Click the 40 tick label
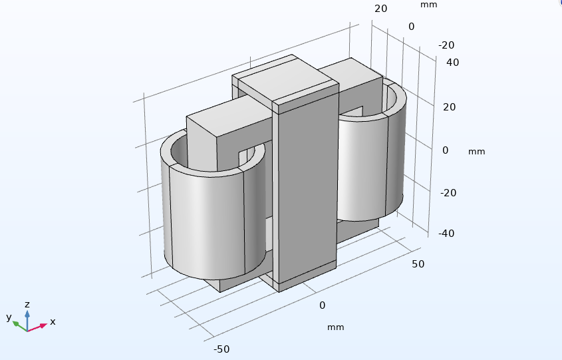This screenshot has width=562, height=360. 453,63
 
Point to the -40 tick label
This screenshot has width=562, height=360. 446,234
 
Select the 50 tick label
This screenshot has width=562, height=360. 418,264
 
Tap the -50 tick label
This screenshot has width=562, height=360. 221,349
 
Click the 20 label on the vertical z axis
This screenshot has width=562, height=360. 450,107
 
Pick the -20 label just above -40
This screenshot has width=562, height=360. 448,193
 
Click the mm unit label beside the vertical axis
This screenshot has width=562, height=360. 477,152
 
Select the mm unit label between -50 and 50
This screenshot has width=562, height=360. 335,327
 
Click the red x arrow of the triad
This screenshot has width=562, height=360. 37,327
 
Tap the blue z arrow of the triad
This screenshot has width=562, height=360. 27,320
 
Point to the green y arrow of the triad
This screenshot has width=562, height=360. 20,326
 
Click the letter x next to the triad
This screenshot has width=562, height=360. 53,321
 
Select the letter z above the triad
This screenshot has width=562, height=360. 27,305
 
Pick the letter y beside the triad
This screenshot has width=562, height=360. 9,317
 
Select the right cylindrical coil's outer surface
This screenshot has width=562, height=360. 369,165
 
